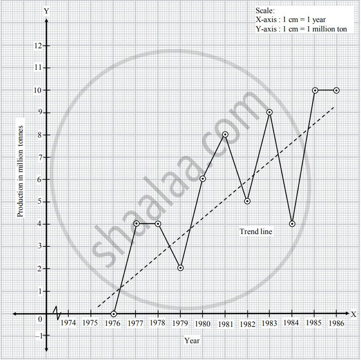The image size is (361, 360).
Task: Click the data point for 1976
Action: (x=113, y=314)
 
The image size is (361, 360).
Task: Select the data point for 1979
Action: (x=181, y=268)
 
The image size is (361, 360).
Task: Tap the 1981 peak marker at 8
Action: (x=225, y=134)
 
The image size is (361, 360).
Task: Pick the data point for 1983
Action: (x=269, y=112)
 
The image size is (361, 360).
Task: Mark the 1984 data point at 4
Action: (x=292, y=224)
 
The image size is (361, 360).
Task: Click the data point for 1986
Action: (x=336, y=90)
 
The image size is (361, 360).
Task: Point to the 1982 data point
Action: (x=247, y=201)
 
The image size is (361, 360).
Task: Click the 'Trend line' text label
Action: (x=256, y=231)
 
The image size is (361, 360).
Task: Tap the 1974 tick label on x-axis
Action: (x=68, y=323)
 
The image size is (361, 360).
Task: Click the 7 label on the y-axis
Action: (x=39, y=157)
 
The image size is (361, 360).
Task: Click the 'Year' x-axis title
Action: (x=192, y=340)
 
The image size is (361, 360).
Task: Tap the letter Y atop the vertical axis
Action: (x=47, y=11)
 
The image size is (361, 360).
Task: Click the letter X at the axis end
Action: (x=354, y=314)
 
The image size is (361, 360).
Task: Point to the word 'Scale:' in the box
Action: (x=266, y=10)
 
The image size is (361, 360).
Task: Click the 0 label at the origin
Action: (x=39, y=319)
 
